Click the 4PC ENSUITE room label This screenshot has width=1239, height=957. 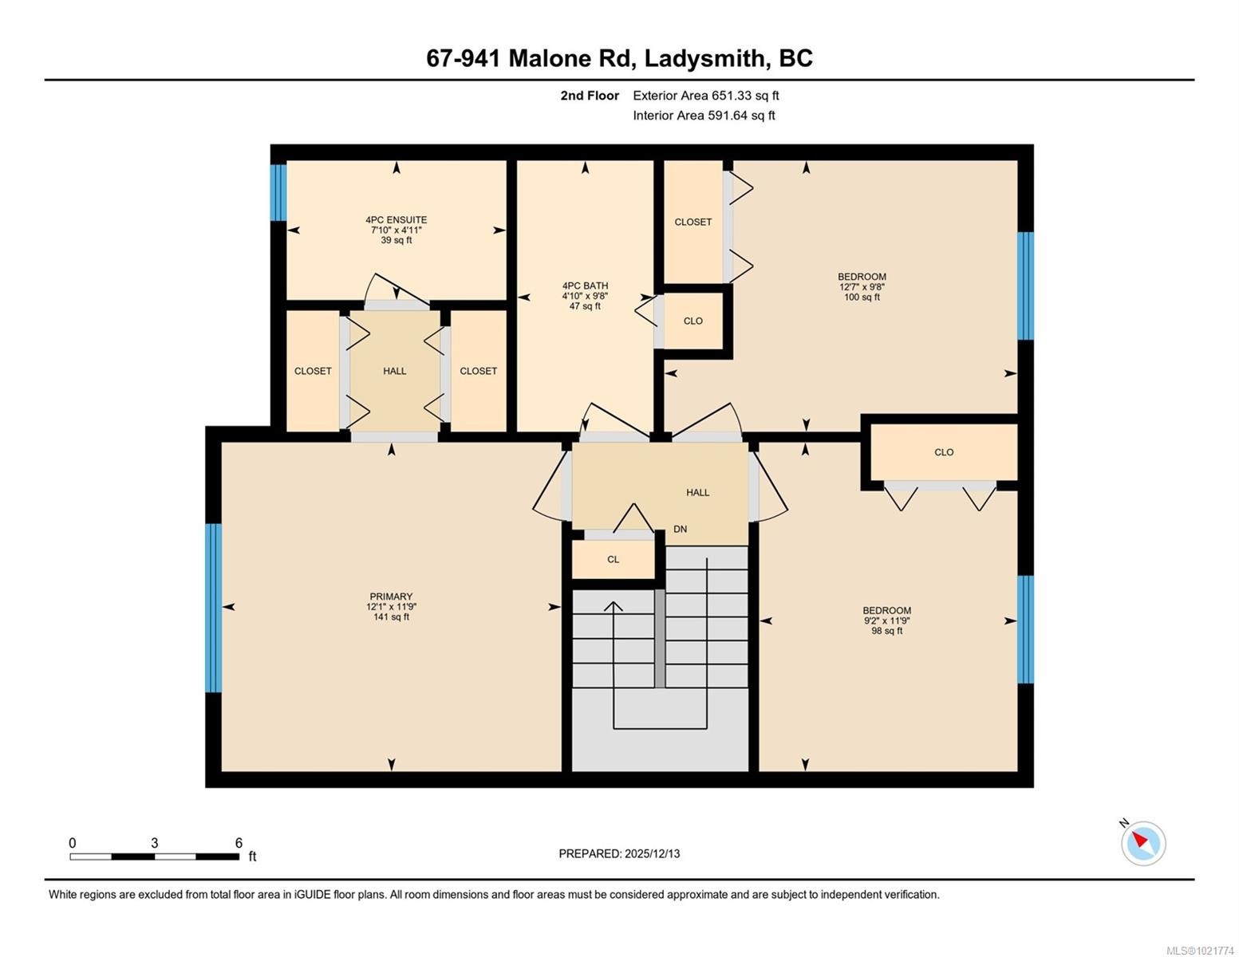(396, 220)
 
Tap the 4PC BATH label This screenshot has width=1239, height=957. (585, 286)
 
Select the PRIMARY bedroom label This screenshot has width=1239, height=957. (391, 597)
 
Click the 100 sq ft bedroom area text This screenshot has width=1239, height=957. (862, 297)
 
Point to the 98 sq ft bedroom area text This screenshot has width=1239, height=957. (886, 631)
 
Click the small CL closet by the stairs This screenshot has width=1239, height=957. (613, 559)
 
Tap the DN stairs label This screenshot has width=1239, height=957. (680, 529)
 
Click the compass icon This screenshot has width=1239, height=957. (1143, 843)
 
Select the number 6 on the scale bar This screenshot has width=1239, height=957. (239, 843)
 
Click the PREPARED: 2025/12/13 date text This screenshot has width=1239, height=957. (619, 853)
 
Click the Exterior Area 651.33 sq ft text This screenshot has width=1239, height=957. (705, 96)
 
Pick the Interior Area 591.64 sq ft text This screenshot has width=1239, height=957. (704, 116)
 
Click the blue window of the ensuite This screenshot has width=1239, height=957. (278, 192)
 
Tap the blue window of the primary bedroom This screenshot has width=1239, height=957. (213, 608)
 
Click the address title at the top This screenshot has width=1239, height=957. (619, 58)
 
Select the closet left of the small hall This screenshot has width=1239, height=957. (313, 371)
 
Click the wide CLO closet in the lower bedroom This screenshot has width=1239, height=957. (944, 452)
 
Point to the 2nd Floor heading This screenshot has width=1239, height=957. (590, 96)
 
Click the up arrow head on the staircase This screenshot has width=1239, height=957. (613, 605)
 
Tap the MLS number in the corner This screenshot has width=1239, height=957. (1201, 950)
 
